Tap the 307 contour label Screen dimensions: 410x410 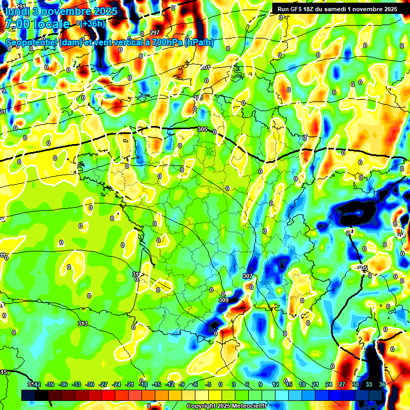point(247,276)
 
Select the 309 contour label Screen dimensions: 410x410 point(224,301)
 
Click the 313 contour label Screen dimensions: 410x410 point(82,324)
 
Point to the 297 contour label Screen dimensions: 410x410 point(155,33)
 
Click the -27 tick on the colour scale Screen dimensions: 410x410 point(103,384)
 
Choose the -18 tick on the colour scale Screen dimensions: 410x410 point(143,384)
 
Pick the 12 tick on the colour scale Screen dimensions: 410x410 point(275,384)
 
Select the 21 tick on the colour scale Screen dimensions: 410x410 point(316,384)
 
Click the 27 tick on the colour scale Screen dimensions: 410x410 point(342,384)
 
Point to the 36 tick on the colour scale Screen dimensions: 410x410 point(382,384)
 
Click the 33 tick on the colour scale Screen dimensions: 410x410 point(369,384)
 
